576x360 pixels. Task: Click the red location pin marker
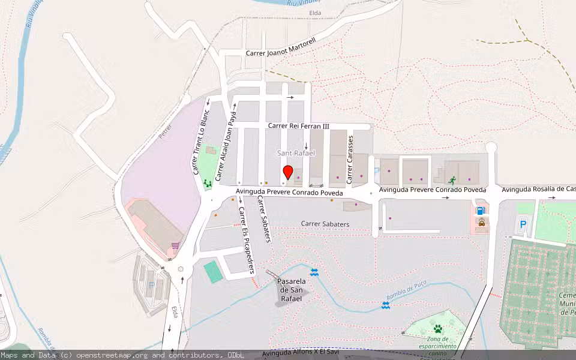[287, 172]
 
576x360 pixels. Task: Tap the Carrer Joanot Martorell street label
[281, 53]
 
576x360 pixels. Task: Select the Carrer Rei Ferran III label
[299, 126]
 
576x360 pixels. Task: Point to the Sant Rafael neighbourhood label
[296, 154]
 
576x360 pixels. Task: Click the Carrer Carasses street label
[349, 155]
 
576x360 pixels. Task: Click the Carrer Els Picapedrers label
[246, 240]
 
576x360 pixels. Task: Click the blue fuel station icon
[480, 211]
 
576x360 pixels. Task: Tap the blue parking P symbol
[523, 224]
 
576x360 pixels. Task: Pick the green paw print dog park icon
[438, 329]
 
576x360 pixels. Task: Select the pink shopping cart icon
[175, 245]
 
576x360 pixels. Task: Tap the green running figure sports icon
[451, 179]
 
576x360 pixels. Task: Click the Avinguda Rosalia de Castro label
[538, 190]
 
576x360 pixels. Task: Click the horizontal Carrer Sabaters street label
[325, 224]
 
